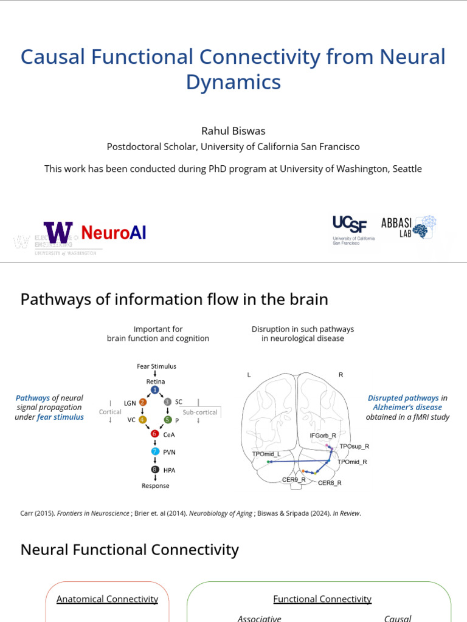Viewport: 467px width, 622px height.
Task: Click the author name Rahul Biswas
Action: [x=233, y=131]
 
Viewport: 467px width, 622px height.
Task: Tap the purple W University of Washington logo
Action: [x=58, y=233]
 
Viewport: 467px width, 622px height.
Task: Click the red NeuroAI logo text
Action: [x=114, y=233]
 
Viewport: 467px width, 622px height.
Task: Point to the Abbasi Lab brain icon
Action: [x=429, y=225]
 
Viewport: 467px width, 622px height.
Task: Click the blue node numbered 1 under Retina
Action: [x=154, y=389]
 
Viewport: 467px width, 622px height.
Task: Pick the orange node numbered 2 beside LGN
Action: [x=143, y=402]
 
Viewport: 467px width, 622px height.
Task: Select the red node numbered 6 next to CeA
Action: [x=154, y=434]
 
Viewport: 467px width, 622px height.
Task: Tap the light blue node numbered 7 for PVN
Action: [x=154, y=452]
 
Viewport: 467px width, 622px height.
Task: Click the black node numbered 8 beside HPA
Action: [x=154, y=470]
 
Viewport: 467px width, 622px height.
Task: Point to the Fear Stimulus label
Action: [x=156, y=366]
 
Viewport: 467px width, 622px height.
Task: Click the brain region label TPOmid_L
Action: [x=266, y=454]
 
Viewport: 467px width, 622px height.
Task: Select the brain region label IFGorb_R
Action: [x=323, y=436]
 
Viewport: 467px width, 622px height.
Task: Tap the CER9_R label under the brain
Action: [x=294, y=480]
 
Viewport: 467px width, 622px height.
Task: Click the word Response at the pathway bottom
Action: [x=155, y=486]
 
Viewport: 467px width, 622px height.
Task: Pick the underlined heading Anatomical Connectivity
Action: [x=107, y=599]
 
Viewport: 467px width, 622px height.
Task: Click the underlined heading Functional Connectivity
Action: [x=322, y=599]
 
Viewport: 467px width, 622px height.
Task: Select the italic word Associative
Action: [x=259, y=618]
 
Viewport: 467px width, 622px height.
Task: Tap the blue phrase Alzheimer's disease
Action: [x=407, y=408]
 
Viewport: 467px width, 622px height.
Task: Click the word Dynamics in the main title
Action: [x=233, y=82]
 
